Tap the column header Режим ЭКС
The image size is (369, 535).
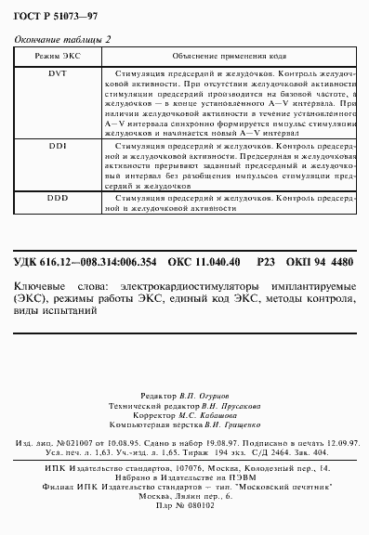(57, 57)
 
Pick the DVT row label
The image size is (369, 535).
(58, 72)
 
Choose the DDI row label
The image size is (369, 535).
(58, 146)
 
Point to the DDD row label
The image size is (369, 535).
(58, 199)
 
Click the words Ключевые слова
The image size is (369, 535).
(49, 288)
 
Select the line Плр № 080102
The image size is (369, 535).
(186, 507)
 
